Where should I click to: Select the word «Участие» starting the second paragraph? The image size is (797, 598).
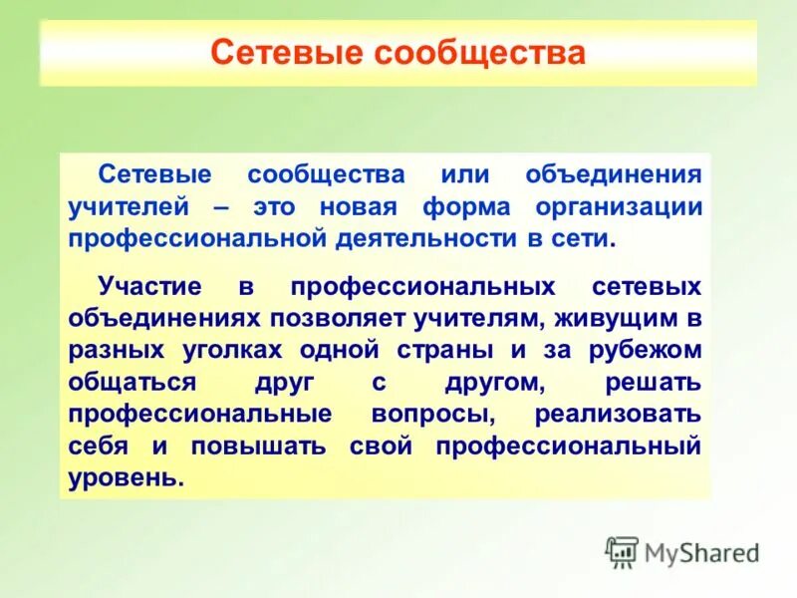click(x=149, y=287)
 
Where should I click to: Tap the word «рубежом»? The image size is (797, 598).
click(x=647, y=351)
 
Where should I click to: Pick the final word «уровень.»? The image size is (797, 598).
click(x=127, y=478)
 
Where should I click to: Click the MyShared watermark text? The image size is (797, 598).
click(x=702, y=552)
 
